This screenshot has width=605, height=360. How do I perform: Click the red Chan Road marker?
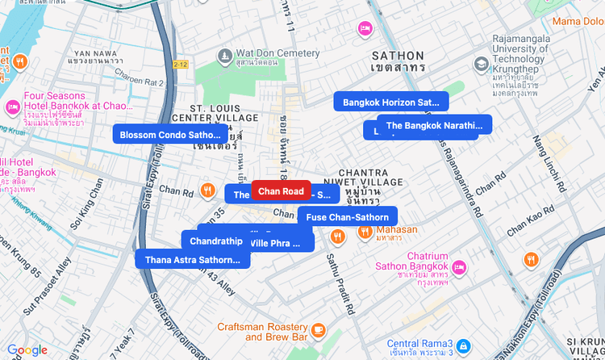[x=281, y=190]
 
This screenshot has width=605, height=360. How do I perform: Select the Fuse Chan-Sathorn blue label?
[x=348, y=216]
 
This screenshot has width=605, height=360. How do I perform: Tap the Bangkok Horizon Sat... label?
[x=391, y=103]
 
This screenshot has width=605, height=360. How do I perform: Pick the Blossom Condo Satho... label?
[x=169, y=135]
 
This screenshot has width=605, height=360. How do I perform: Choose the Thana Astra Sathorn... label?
[x=193, y=259]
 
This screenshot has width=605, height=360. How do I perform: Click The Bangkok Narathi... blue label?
[x=434, y=125]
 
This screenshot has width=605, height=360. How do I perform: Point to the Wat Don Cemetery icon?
[x=225, y=54]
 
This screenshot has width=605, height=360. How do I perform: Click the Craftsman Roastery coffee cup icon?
[x=318, y=330]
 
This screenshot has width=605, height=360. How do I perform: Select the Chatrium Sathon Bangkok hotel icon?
[x=458, y=267]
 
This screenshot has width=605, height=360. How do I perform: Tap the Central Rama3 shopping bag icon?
[x=462, y=347]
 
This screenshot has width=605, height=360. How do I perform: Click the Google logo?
[x=27, y=350]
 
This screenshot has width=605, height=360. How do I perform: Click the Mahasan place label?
[x=396, y=229]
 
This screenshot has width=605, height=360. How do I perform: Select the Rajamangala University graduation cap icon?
[x=482, y=63]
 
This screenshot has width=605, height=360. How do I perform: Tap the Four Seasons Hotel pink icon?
[x=12, y=106]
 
